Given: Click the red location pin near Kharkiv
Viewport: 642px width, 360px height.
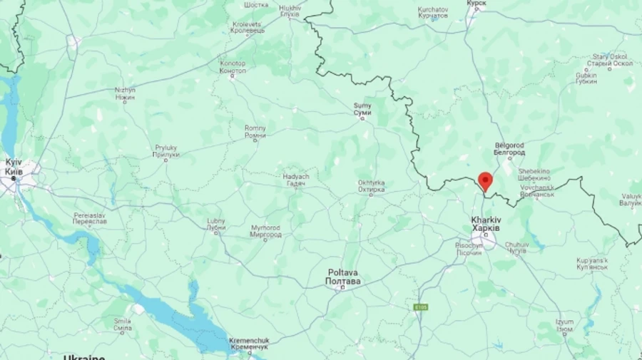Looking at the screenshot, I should click(x=485, y=180).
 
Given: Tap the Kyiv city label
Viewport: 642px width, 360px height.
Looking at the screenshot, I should click(x=14, y=167).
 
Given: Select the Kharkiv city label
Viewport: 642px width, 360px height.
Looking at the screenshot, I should click(x=486, y=224).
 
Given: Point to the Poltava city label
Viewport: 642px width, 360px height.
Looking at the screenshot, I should click(x=343, y=277).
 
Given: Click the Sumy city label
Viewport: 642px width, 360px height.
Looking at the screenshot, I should click(x=362, y=109).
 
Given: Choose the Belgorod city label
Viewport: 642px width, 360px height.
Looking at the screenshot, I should click(x=510, y=149).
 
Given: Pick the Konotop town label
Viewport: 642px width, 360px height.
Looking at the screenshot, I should click(x=233, y=67).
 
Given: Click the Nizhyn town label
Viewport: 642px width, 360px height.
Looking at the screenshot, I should click(x=125, y=93).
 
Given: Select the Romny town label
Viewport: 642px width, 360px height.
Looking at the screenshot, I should click(x=255, y=132).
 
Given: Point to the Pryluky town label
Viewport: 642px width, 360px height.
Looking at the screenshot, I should click(x=166, y=151).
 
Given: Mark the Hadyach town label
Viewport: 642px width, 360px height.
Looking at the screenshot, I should click(x=295, y=180).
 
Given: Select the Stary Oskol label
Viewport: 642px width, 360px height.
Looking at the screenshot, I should click(x=612, y=60).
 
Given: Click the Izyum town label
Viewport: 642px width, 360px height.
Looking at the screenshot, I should click(x=565, y=325).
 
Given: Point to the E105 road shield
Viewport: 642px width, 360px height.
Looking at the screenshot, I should click(x=422, y=307).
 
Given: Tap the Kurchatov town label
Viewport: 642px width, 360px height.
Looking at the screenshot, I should click(x=433, y=12).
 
